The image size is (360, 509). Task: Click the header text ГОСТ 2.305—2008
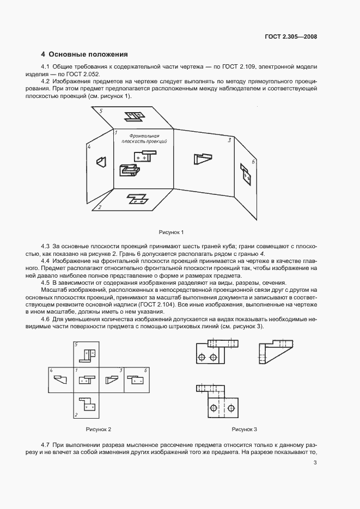[x=291, y=37]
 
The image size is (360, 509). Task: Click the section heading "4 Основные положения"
[x=84, y=54]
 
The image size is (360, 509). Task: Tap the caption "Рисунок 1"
[x=172, y=232]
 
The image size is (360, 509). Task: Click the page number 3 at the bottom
[x=315, y=463]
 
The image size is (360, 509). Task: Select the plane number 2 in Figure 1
[x=99, y=207]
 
